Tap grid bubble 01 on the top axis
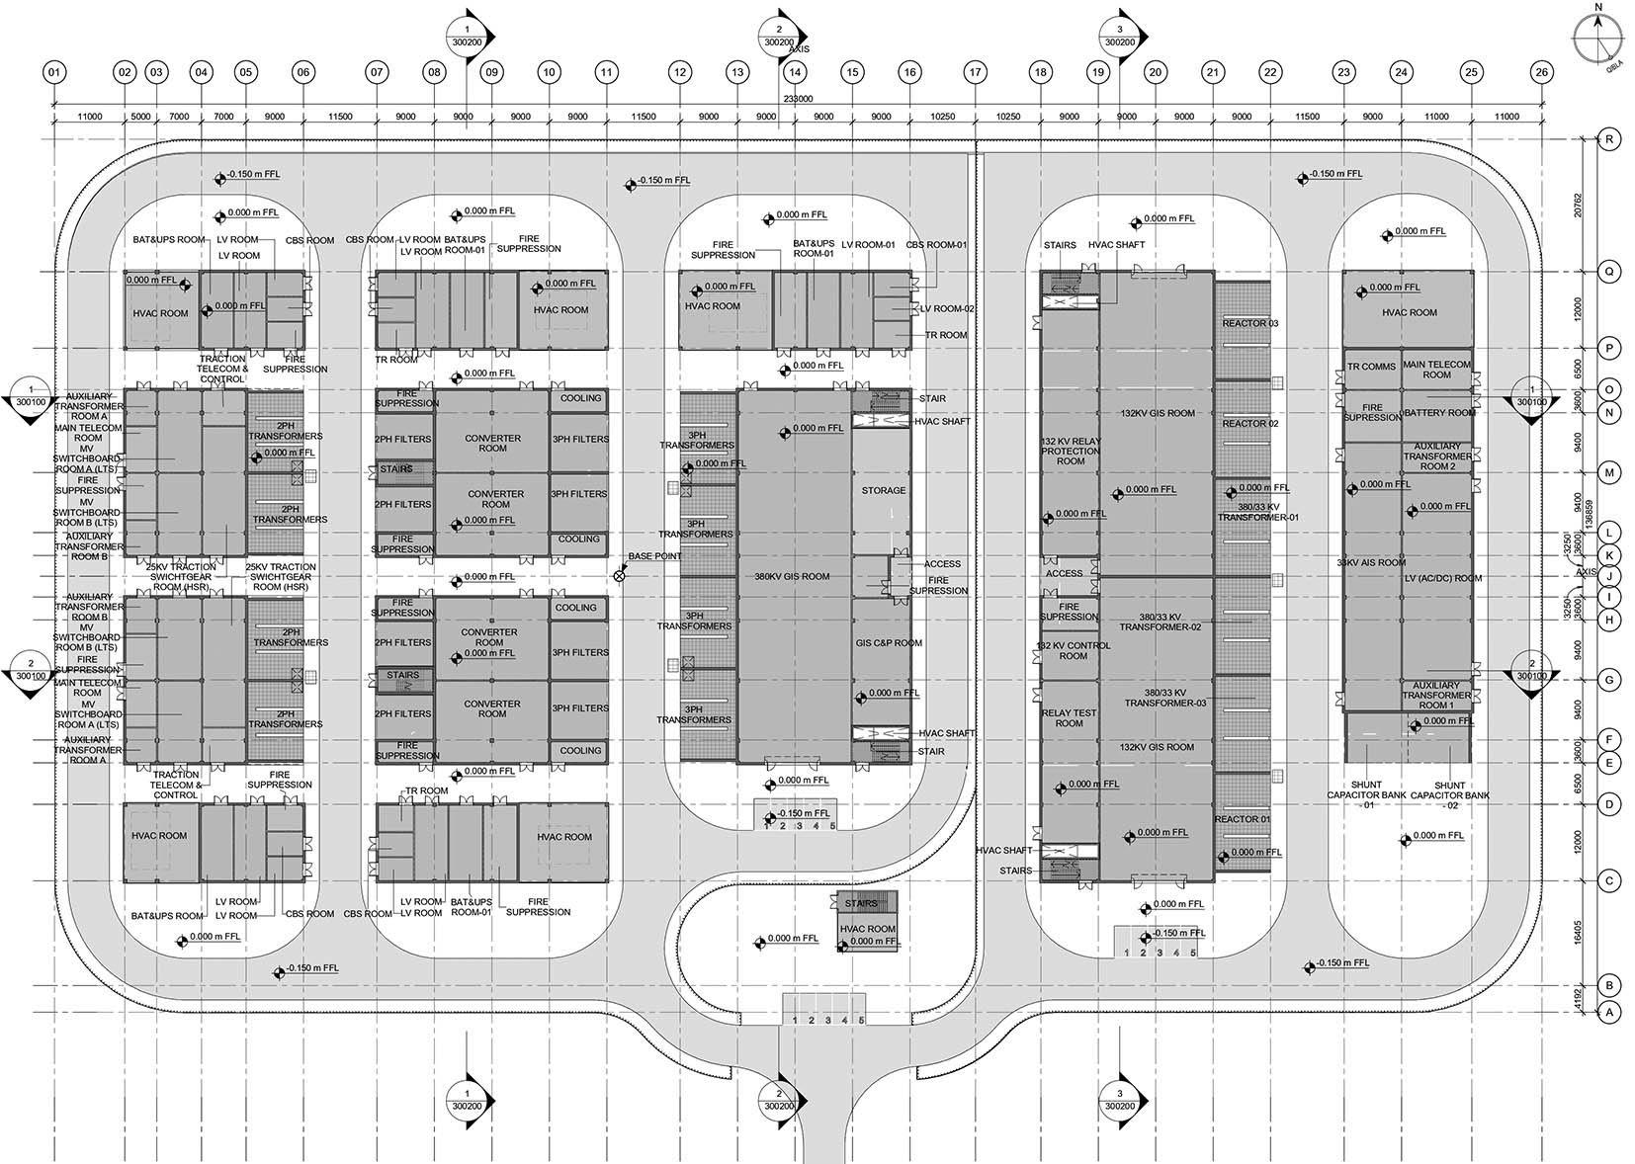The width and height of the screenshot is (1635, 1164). (x=54, y=72)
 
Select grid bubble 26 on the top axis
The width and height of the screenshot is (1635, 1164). (x=1541, y=72)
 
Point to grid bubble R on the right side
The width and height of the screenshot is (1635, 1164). (x=1610, y=140)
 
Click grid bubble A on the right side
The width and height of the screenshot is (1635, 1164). (x=1610, y=1012)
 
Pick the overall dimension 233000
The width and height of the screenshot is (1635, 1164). (x=798, y=99)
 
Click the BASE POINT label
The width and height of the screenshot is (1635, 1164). (x=654, y=556)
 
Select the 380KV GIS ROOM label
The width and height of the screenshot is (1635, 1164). (x=792, y=576)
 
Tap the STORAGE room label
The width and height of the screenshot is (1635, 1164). (x=883, y=490)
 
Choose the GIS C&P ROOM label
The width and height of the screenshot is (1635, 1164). (x=889, y=643)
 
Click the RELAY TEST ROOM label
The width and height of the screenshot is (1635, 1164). (x=1070, y=717)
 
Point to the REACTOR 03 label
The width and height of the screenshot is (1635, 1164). (x=1250, y=324)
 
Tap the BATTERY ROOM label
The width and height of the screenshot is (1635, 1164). (x=1438, y=413)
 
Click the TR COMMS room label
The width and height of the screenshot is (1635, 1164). (x=1372, y=367)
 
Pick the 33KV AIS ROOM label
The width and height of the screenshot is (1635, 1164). (x=1370, y=562)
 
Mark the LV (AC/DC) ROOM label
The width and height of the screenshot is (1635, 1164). (x=1442, y=578)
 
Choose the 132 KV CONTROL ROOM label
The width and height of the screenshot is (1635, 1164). (x=1073, y=650)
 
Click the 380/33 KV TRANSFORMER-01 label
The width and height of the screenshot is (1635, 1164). (x=1257, y=512)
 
